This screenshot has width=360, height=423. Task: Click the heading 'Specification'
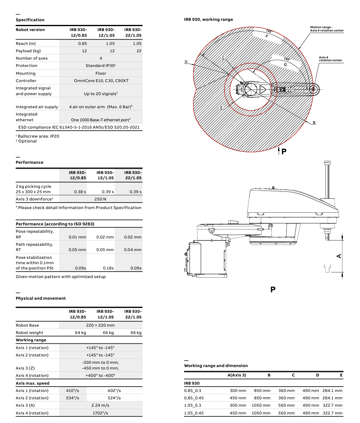click(x=30, y=20)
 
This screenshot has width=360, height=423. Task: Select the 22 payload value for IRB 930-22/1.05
click(x=139, y=51)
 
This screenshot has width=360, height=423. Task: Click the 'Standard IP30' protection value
click(x=100, y=65)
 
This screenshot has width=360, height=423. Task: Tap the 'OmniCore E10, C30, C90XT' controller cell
click(x=101, y=80)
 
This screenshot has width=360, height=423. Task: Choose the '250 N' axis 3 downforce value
click(x=100, y=199)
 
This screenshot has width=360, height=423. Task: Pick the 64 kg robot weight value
click(x=80, y=333)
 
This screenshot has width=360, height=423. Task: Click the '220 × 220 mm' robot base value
click(x=101, y=325)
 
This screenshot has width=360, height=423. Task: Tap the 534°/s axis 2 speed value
click(x=73, y=398)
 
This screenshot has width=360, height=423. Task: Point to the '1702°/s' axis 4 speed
click(x=101, y=413)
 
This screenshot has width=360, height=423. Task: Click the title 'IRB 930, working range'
click(x=208, y=19)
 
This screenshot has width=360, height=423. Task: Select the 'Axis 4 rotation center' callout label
click(x=330, y=59)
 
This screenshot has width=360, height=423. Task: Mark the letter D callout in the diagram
click(x=186, y=62)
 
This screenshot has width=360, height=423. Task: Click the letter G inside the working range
click(x=285, y=65)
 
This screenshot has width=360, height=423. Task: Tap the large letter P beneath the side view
click(x=273, y=289)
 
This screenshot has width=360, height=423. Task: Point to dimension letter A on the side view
click(x=338, y=256)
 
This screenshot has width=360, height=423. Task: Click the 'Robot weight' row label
click(x=28, y=333)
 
